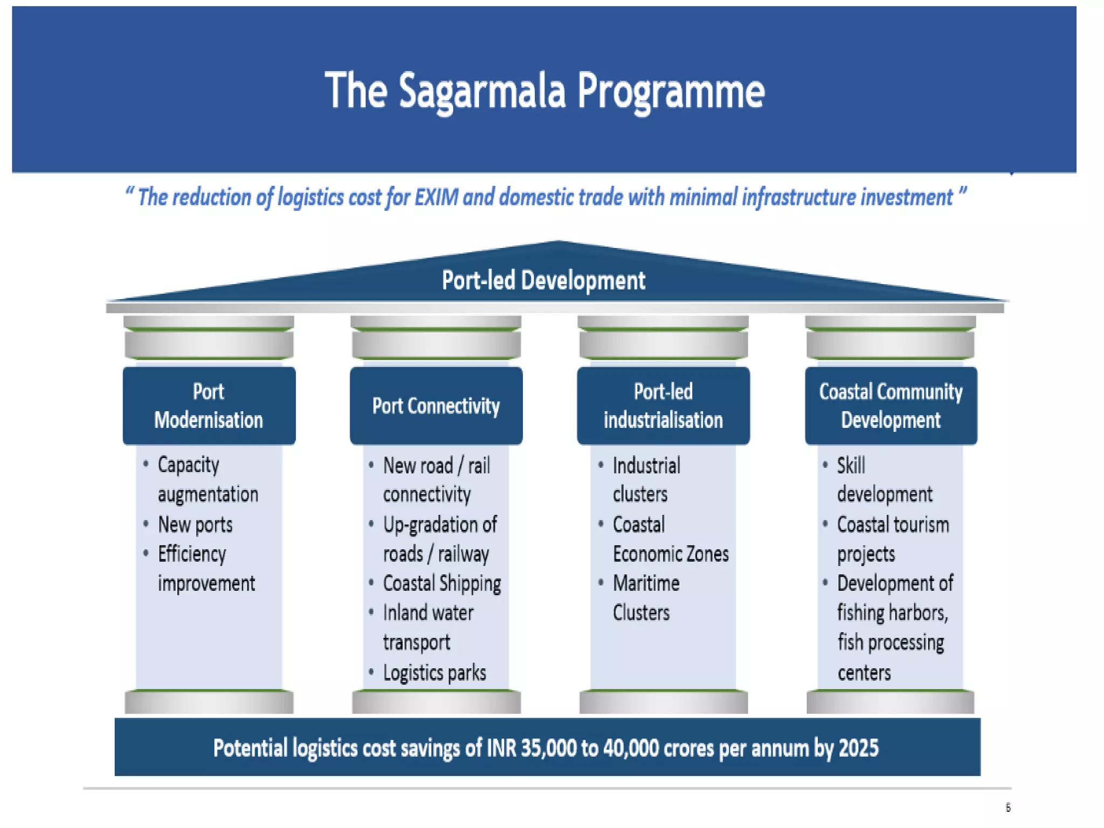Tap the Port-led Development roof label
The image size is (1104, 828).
[543, 280]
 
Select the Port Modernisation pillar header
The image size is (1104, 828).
[209, 406]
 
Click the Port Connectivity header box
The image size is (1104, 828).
[436, 406]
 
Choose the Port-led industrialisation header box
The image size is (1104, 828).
[663, 406]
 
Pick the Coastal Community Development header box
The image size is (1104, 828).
[891, 406]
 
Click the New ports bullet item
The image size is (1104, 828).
[195, 525]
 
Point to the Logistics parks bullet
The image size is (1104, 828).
[434, 673]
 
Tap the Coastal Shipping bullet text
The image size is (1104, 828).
[442, 583]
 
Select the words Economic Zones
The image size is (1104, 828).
[671, 554]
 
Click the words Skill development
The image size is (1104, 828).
[884, 480]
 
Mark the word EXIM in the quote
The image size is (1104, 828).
[436, 197]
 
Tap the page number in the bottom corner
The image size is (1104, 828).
[1008, 807]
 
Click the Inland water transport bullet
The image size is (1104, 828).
[428, 627]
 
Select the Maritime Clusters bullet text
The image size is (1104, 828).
[646, 598]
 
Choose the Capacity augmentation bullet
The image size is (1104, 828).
[208, 480]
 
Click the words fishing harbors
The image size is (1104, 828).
[892, 613]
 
